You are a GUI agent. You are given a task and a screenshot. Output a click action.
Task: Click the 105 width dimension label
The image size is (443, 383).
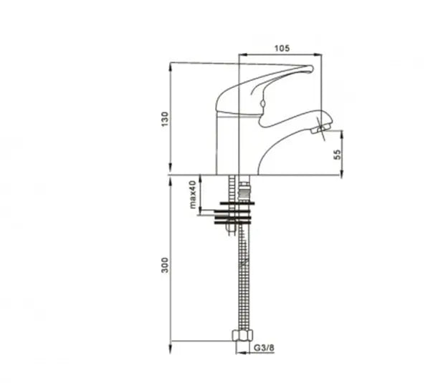click(281, 48)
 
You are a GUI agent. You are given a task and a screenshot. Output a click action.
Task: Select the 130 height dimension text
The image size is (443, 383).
click(164, 117)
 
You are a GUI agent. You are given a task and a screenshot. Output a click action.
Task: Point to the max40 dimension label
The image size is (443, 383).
click(193, 194)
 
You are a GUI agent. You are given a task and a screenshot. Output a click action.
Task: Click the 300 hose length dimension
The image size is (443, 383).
click(164, 266)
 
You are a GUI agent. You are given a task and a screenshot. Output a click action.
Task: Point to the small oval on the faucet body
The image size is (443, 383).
click(262, 107)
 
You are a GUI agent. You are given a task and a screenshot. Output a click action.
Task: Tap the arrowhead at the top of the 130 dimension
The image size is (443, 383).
click(171, 67)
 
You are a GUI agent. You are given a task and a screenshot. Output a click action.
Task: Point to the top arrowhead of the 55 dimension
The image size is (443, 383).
click(340, 132)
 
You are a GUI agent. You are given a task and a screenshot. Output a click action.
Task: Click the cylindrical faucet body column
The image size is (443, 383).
click(229, 143)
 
